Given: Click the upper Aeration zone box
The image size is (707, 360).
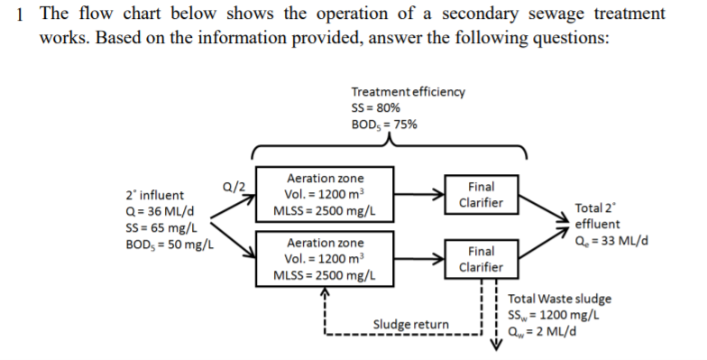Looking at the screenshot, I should pos(324,195).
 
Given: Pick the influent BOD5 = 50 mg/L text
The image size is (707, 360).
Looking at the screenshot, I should pos(168,245).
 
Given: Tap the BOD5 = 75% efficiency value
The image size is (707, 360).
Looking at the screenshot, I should pos(384,124).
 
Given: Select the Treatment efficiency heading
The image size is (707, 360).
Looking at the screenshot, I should pos(408,91).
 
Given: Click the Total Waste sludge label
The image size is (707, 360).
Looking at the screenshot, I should pos(560,299).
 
